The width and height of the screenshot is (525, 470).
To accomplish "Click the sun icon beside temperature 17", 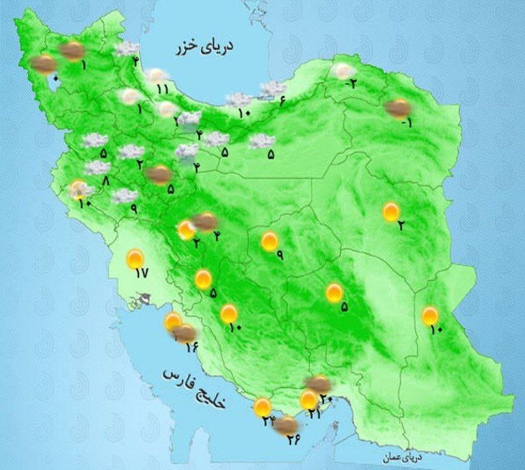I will tap(135, 259).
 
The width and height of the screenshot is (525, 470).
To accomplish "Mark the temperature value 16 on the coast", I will tap(192, 346).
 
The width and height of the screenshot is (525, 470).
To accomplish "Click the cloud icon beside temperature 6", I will tap(273, 89).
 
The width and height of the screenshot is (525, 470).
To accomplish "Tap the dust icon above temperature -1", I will tap(398, 108).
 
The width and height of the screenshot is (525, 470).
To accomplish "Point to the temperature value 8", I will tap(106, 181).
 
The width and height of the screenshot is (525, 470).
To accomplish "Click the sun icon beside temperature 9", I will tap(269, 242).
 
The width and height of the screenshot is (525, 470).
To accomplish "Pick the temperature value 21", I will tap(314, 413).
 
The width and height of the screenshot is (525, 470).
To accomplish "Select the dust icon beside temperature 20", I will tap(318, 383).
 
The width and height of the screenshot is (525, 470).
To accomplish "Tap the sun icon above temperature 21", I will tap(309, 400).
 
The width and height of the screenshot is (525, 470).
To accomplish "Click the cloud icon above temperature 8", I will tap(97, 167).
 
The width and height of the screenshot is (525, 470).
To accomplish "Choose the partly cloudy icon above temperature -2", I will tap(343, 72).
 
